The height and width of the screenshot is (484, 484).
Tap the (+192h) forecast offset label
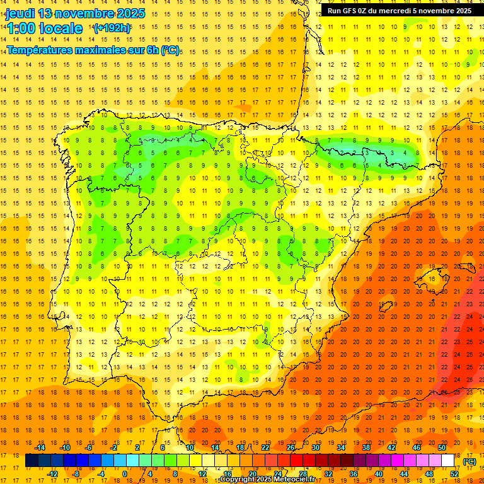click(x=112, y=28)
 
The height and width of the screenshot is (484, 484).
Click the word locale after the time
click(x=61, y=28)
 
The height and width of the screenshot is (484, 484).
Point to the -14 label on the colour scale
click(x=40, y=447)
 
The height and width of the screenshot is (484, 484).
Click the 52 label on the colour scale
click(x=454, y=474)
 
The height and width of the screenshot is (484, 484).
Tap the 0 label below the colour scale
click(x=125, y=474)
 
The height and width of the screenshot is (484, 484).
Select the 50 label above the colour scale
click(x=442, y=447)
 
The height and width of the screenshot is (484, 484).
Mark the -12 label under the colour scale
click(x=52, y=474)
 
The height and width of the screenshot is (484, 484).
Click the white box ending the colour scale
click(x=448, y=461)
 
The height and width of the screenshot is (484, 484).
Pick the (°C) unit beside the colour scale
click(x=469, y=461)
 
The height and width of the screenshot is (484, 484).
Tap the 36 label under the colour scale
click(x=353, y=474)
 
